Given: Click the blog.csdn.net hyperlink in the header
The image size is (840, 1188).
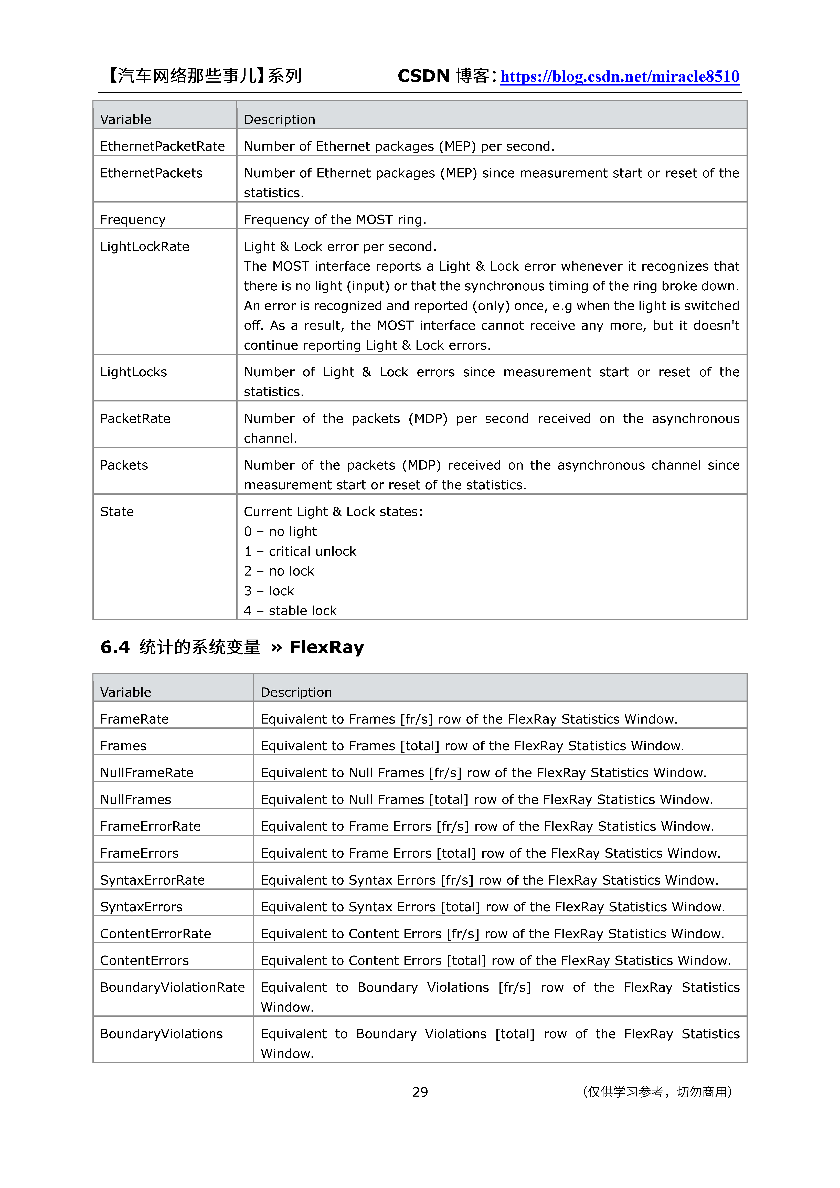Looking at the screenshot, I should point(620,77).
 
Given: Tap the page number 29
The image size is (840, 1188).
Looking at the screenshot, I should point(420,1092).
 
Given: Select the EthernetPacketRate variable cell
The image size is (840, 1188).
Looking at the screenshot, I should point(163,146).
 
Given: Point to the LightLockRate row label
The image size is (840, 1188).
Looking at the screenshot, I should point(144,247).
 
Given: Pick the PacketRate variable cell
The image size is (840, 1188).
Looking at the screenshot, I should point(135,419).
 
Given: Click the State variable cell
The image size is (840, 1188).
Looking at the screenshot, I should point(117,512).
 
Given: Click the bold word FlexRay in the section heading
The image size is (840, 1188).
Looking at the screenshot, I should point(327,647).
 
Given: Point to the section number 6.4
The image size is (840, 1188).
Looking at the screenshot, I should point(115,647).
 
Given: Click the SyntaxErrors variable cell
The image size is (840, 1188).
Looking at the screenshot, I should point(141,907).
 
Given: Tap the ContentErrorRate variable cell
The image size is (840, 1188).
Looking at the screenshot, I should point(155,934).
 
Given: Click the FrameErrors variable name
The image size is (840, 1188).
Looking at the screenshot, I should point(139,853).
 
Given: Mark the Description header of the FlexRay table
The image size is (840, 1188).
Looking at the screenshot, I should point(296,692).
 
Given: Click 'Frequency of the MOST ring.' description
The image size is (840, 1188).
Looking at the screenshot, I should point(335,220).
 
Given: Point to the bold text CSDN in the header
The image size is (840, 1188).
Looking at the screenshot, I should point(423,76).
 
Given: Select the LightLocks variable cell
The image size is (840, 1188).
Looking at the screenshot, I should point(134,372).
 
